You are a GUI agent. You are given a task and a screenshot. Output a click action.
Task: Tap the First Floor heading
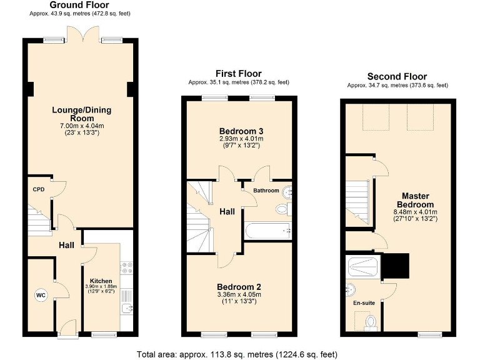coord(238,74)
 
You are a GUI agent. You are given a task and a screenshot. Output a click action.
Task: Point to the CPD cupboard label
coord(39,189)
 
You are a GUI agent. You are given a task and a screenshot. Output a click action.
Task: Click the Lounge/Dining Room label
coord(81,114)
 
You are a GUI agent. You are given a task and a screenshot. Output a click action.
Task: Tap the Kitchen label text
coord(101,281)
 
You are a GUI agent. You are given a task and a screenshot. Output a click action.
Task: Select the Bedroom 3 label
coord(238,130)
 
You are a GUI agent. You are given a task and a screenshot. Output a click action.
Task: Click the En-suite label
coord(364,302)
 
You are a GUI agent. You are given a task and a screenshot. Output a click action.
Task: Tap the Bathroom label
coord(266,190)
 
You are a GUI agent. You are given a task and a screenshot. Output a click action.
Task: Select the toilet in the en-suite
coord(370,322)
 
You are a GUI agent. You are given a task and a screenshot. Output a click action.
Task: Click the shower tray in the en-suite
coord(362,267)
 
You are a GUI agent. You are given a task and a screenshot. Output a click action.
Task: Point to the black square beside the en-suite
coord(394,266)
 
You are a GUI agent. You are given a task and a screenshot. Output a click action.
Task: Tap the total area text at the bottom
coord(237,354)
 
